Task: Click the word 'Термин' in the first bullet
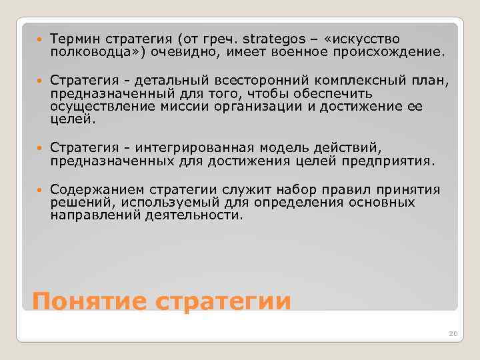click(73, 39)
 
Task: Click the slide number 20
click(453, 333)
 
